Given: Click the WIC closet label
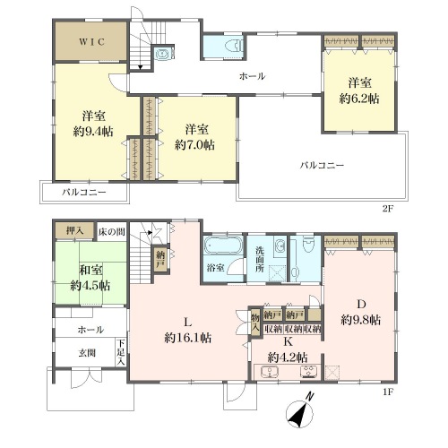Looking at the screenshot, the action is pyautogui.click(x=92, y=41).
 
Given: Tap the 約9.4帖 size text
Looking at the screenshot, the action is pyautogui.click(x=93, y=131).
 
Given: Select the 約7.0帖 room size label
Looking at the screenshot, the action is pyautogui.click(x=194, y=145).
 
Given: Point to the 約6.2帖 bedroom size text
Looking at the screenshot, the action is pyautogui.click(x=359, y=99).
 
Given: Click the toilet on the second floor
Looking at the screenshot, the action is pyautogui.click(x=234, y=46).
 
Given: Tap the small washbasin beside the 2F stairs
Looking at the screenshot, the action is pyautogui.click(x=162, y=54).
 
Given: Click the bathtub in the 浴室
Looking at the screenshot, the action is pyautogui.click(x=223, y=245).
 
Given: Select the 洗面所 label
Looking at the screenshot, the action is pyautogui.click(x=260, y=259).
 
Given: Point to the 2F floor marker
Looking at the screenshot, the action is pyautogui.click(x=388, y=209).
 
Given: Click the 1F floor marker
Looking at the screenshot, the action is pyautogui.click(x=388, y=392).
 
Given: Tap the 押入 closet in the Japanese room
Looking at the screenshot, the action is pyautogui.click(x=74, y=231).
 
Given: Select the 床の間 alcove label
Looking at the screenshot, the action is pyautogui.click(x=112, y=232).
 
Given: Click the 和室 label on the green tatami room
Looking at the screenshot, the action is pyautogui.click(x=90, y=270).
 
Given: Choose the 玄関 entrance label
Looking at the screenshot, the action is pyautogui.click(x=87, y=353).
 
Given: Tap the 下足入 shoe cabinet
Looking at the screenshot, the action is pyautogui.click(x=120, y=352).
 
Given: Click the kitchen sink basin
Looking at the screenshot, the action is pyautogui.click(x=270, y=372).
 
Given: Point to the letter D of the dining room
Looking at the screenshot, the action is pyautogui.click(x=361, y=305).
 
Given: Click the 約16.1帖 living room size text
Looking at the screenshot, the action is pyautogui.click(x=188, y=338).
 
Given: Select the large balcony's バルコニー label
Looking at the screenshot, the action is pyautogui.click(x=322, y=165).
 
